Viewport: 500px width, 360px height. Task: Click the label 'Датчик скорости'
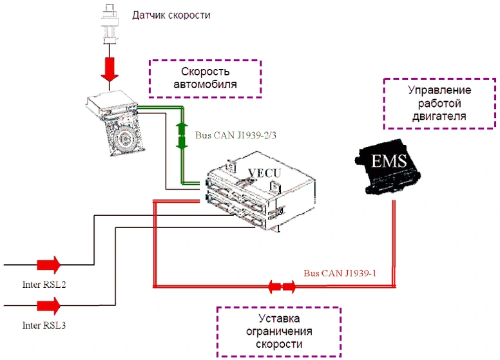pos(171,15)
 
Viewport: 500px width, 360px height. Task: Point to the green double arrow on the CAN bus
pos(182,135)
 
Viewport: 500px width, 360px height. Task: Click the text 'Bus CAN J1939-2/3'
pos(225,137)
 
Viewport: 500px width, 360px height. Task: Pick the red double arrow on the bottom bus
pos(281,285)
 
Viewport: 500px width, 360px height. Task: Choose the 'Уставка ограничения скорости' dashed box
pos(278,332)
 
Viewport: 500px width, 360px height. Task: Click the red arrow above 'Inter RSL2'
pos(48,264)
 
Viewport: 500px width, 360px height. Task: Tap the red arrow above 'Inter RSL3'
pos(48,305)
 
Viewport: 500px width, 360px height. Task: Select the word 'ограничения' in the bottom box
pos(278,332)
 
